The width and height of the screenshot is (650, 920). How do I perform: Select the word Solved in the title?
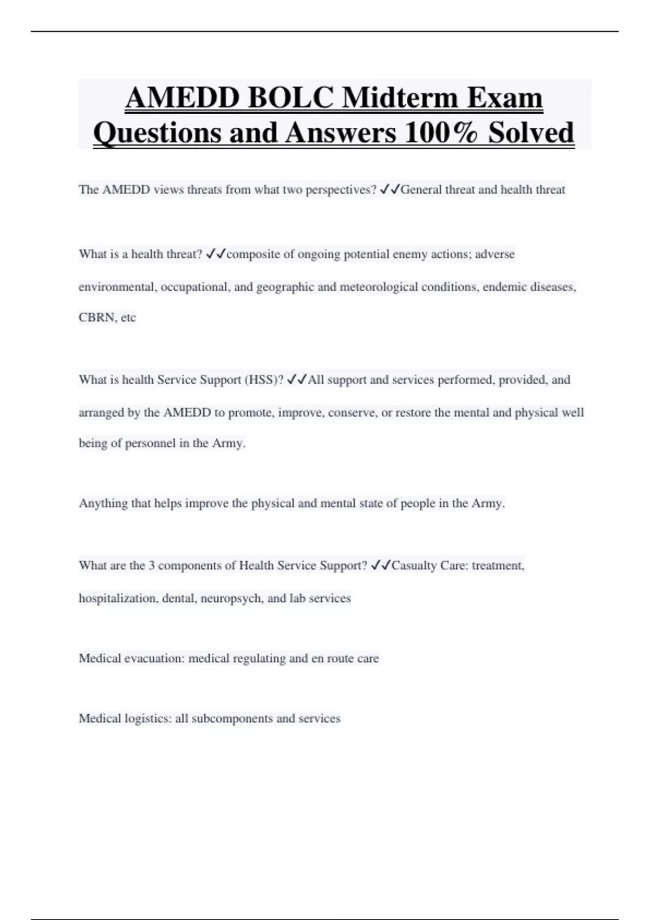(531, 133)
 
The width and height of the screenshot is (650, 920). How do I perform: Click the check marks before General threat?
(390, 189)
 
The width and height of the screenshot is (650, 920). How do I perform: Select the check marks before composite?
(216, 254)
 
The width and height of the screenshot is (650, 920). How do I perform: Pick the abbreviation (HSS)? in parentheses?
(264, 380)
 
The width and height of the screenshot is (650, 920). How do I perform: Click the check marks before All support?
(297, 379)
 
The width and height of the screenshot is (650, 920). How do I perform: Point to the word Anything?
(103, 504)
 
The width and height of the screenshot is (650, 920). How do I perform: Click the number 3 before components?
(152, 566)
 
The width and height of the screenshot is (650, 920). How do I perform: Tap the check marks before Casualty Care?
(381, 566)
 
